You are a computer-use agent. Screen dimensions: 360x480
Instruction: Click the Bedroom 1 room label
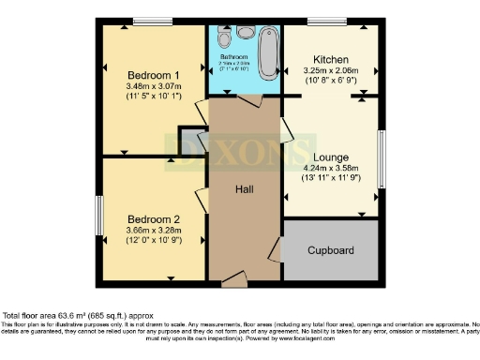[x=154, y=74]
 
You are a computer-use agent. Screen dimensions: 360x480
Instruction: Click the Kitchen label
[x=332, y=59]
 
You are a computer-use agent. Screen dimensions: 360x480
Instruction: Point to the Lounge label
[x=333, y=157]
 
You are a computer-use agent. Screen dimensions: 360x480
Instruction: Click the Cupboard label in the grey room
[x=331, y=250]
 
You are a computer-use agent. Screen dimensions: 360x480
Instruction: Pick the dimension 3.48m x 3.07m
[x=154, y=86]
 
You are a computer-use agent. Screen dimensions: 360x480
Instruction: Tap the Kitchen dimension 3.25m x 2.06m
[x=332, y=71]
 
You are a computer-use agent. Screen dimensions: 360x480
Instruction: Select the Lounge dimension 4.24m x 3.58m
[x=333, y=169]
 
